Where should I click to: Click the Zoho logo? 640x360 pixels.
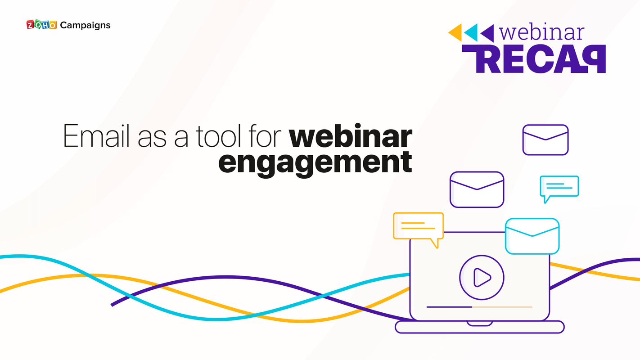tap(41, 25)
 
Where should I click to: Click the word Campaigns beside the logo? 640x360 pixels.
tap(85, 25)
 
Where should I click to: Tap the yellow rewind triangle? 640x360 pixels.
tap(456, 32)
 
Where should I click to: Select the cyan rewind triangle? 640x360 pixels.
tap(471, 32)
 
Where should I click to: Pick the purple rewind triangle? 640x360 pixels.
tap(487, 32)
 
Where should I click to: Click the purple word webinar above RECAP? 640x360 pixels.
tap(542, 32)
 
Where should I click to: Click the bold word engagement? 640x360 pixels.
tap(315, 163)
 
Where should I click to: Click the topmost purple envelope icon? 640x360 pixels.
tap(545, 140)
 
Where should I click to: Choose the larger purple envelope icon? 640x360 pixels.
tap(477, 189)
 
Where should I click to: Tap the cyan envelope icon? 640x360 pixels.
tap(532, 236)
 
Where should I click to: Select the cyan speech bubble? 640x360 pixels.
tap(559, 187)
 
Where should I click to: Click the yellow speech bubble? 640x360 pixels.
tap(418, 226)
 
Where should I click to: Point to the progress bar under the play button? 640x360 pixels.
tap(479, 307)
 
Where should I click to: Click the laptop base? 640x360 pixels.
tap(479, 327)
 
